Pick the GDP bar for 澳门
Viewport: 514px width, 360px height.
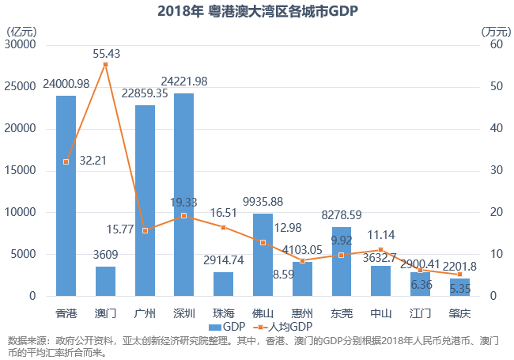(105, 281)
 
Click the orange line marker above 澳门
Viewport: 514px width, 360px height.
(105, 64)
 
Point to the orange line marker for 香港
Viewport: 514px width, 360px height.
(66, 161)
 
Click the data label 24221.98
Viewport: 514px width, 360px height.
(184, 81)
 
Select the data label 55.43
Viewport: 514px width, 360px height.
(107, 54)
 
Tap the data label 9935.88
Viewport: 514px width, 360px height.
(263, 201)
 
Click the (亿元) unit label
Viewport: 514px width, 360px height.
(21, 31)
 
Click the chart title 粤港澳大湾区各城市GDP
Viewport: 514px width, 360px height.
(257, 10)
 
